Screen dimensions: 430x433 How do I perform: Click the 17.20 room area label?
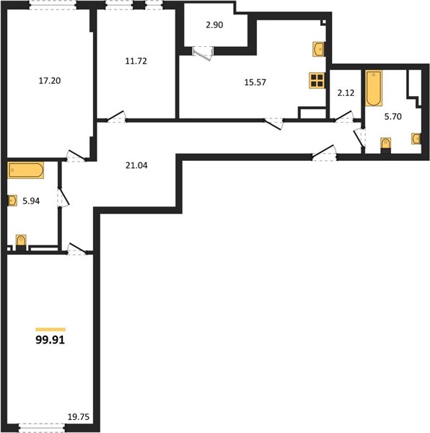point(50,81)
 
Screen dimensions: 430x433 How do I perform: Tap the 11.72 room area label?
point(136,61)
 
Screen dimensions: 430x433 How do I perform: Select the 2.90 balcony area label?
point(214,25)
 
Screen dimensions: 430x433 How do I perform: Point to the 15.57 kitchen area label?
point(255,82)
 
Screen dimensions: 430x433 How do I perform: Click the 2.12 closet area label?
point(346,93)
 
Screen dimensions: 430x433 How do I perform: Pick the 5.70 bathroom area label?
point(393,116)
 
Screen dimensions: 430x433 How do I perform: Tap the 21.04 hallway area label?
point(136,165)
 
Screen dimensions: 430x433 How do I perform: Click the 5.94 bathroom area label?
point(31,201)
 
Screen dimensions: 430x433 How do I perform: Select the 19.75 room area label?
point(79,417)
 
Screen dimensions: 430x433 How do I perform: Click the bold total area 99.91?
point(51,340)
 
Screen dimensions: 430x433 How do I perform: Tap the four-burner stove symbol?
point(317,81)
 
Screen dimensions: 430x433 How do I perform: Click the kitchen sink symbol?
point(318,49)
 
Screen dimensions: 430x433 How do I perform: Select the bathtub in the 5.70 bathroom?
point(374,88)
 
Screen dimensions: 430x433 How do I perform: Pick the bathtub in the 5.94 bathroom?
point(25,170)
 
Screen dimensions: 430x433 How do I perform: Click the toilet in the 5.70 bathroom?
point(385,145)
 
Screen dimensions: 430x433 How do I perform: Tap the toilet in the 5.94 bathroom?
point(21,242)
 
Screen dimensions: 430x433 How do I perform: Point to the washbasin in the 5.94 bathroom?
point(12,201)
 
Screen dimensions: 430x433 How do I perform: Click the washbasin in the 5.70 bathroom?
point(416,139)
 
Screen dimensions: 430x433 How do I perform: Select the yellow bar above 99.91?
point(51,329)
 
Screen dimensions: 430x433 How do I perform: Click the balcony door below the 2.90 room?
point(203,53)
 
